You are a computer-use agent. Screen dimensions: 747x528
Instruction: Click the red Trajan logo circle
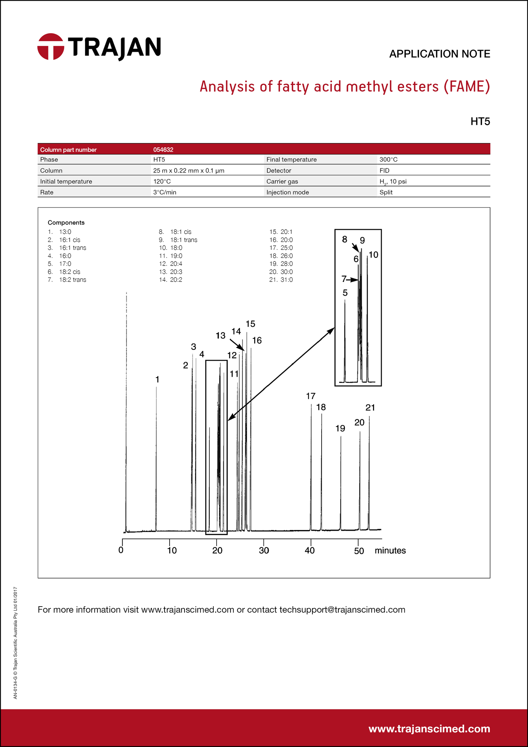pos(51,47)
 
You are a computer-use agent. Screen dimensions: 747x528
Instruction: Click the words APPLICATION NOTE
pos(439,54)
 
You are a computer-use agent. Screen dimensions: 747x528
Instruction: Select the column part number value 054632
pos(163,150)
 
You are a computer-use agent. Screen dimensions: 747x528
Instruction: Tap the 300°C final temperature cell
pos(388,159)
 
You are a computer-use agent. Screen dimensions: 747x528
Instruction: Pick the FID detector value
pos(384,170)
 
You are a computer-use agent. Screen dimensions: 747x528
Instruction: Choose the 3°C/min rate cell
pos(164,192)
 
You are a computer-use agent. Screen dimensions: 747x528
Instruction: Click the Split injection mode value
pos(386,192)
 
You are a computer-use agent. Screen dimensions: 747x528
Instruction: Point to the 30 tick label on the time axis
pos(264,550)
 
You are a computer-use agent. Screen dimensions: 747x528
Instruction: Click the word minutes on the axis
pos(390,550)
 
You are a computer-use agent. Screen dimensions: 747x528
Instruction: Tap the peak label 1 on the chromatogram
pos(157,380)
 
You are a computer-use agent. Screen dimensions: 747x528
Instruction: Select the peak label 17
pos(311,396)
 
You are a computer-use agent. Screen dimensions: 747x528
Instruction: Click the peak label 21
pos(370,408)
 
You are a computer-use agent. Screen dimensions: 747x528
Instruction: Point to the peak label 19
pos(340,429)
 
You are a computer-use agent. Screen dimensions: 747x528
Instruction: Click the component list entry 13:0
pos(65,232)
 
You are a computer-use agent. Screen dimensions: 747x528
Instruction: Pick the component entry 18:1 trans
pos(183,240)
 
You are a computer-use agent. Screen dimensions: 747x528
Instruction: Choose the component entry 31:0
pos(286,280)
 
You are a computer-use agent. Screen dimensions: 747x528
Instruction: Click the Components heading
pos(66,222)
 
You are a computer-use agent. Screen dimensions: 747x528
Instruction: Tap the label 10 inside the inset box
pos(373,255)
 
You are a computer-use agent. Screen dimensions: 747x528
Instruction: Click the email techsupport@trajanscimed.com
pos(342,610)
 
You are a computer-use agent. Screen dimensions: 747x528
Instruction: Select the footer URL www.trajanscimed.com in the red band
pos(429,729)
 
